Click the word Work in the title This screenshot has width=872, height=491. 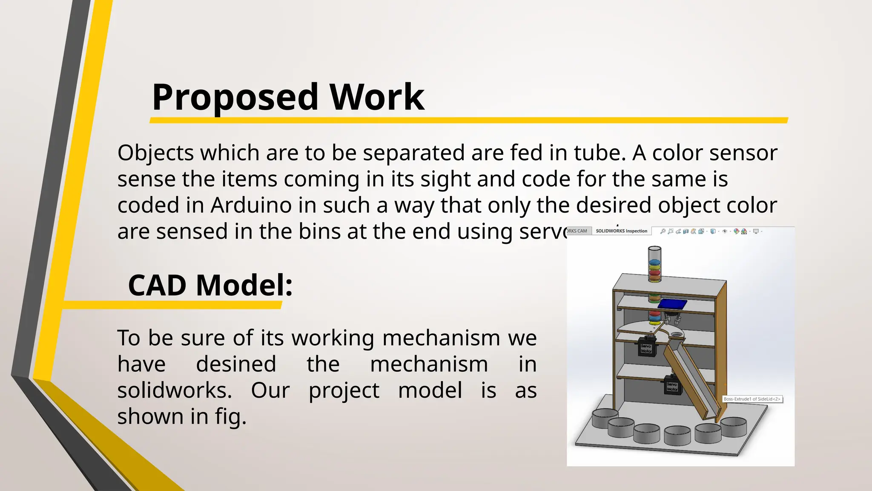pos(377,97)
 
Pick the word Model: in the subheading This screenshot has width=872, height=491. pos(244,285)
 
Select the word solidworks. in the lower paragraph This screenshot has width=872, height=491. pos(175,390)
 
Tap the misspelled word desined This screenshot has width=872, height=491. pos(236,364)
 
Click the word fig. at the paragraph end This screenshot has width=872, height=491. pos(230,416)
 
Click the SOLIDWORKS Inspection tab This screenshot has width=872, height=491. pos(621,231)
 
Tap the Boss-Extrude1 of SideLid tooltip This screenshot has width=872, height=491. pos(752,399)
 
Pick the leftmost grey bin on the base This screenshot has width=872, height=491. pos(605,418)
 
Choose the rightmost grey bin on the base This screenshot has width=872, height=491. pos(733,426)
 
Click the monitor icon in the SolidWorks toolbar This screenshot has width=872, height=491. pos(756,231)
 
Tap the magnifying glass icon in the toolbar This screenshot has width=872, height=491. pos(663,231)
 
